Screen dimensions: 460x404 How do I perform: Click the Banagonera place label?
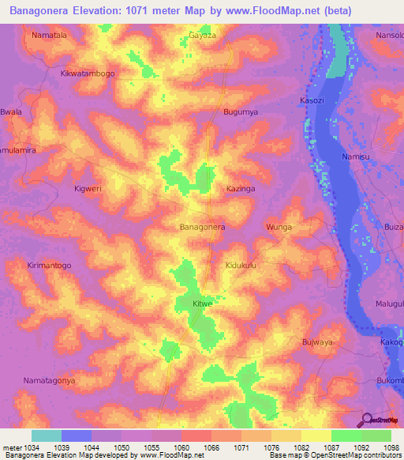click(x=203, y=227)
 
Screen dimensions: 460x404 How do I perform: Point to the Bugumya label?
click(x=241, y=113)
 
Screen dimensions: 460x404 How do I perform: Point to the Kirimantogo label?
click(x=49, y=266)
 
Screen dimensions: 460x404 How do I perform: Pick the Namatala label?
click(x=49, y=36)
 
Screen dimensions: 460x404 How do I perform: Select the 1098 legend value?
click(x=393, y=448)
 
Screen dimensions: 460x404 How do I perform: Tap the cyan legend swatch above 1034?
click(x=46, y=435)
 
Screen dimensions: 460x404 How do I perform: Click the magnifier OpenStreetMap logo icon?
click(x=367, y=420)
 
